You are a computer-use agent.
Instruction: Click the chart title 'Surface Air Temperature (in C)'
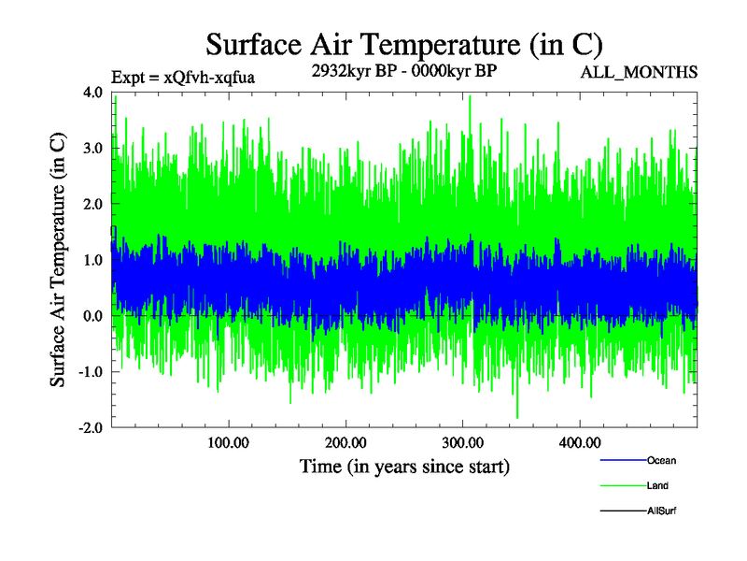click(x=404, y=44)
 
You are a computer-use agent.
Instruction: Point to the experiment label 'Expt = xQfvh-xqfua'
click(x=183, y=78)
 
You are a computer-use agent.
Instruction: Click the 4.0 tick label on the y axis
click(x=92, y=93)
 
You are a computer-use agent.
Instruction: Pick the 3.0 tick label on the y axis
click(x=92, y=148)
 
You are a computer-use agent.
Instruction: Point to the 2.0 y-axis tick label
click(x=92, y=204)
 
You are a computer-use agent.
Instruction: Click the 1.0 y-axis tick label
click(x=92, y=260)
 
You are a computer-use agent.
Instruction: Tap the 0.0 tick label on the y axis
click(x=92, y=316)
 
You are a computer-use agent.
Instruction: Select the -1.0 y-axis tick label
click(x=90, y=372)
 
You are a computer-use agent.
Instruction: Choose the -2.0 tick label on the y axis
click(x=90, y=427)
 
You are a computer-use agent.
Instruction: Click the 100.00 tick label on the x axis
click(x=228, y=442)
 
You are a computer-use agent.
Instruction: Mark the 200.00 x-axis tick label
click(x=345, y=442)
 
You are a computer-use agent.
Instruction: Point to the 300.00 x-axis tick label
click(x=462, y=442)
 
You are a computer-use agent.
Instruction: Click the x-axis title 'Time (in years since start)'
click(x=404, y=466)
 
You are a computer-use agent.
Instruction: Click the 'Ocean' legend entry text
click(x=661, y=461)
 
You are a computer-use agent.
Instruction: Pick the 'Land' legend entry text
click(x=657, y=486)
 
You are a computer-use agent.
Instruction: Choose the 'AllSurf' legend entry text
click(x=662, y=511)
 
